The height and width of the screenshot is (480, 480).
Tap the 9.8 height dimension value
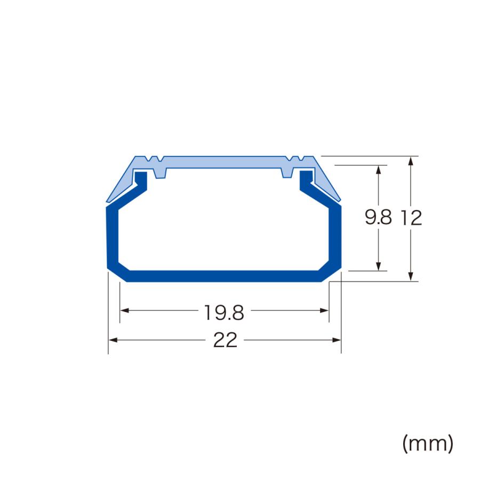(x=378, y=218)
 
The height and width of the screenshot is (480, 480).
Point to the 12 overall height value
(x=411, y=218)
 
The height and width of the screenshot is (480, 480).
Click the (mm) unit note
(x=428, y=443)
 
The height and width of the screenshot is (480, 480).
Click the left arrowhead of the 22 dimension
(x=112, y=340)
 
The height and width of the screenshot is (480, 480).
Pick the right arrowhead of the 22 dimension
(x=337, y=340)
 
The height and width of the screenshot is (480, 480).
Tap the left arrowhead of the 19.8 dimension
(x=124, y=310)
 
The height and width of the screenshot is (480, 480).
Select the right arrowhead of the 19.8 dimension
(x=325, y=310)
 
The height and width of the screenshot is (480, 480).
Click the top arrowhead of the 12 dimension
(x=411, y=161)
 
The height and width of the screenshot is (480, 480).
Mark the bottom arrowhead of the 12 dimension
(x=411, y=276)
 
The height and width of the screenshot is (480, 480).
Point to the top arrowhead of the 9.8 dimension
(x=378, y=169)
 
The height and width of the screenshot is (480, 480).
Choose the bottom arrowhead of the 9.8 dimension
(x=378, y=267)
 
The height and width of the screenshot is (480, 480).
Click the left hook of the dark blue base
(x=141, y=179)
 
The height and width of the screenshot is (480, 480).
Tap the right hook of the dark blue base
(x=306, y=179)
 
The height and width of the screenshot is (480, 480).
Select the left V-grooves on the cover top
(x=154, y=159)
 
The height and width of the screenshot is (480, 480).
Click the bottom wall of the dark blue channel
(x=224, y=276)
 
